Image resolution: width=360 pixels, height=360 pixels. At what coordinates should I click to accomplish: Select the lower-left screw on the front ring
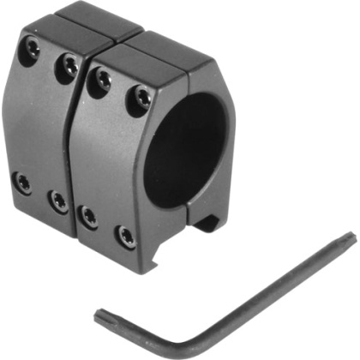pos(87,216)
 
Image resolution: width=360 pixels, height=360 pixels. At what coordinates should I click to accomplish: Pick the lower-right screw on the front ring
pos(126,236)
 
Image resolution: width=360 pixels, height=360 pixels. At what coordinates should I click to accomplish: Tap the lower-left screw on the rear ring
pos(23,182)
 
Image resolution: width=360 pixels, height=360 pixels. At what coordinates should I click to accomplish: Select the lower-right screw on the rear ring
pos(57,201)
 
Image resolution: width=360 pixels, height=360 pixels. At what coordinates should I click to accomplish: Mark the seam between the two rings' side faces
pos(76,146)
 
